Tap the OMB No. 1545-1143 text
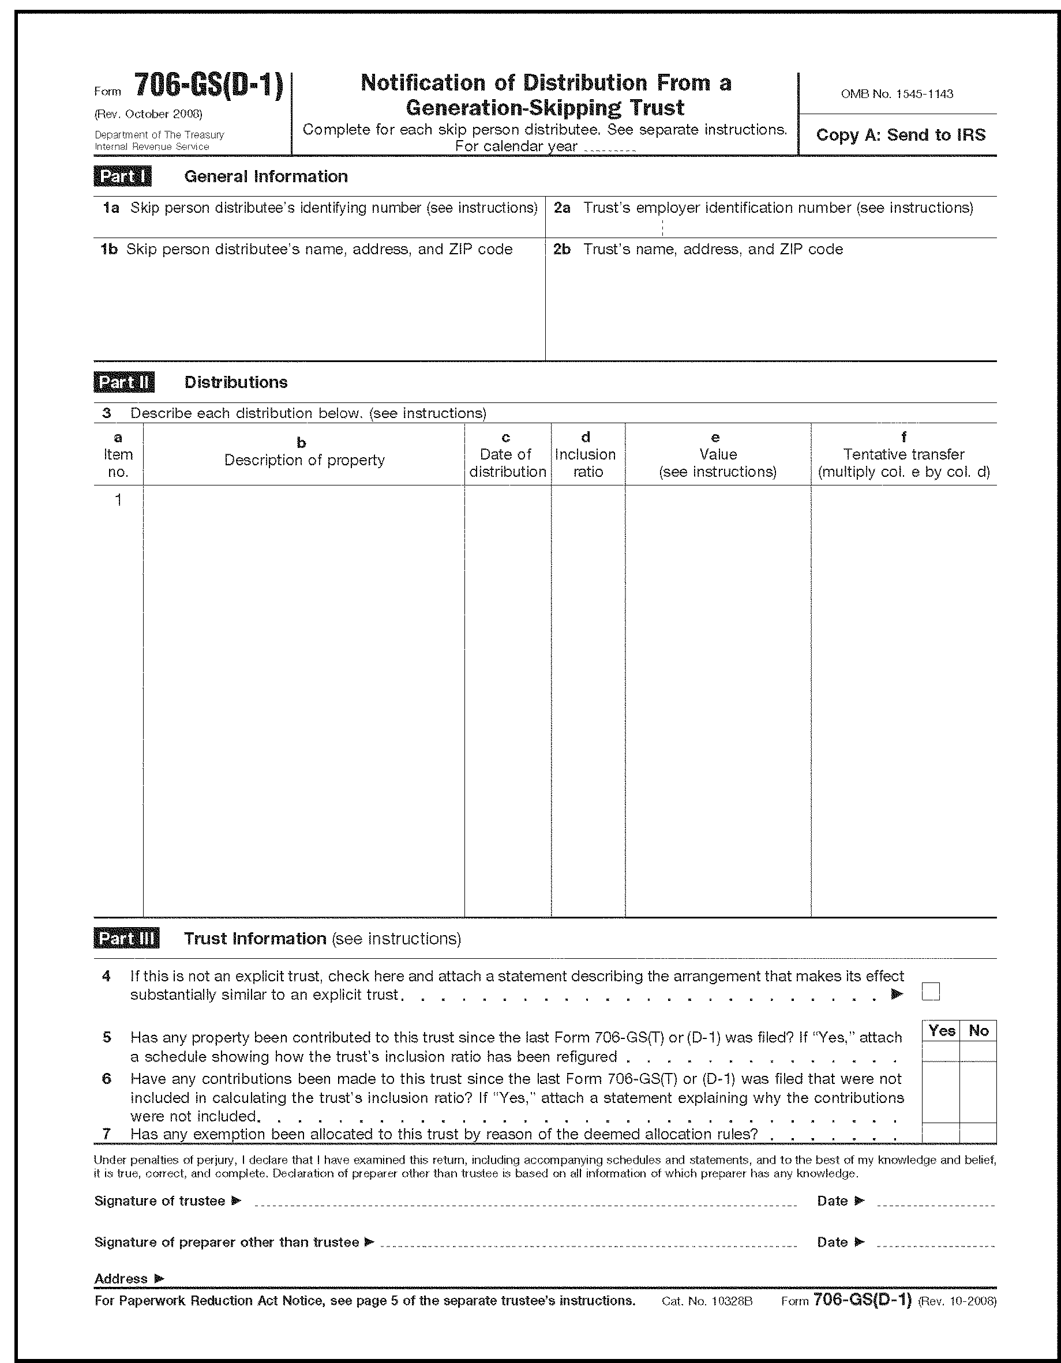[x=897, y=94]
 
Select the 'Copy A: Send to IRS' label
[x=901, y=135]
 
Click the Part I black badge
[x=122, y=176]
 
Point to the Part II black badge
[x=123, y=382]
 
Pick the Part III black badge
[x=126, y=939]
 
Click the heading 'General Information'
[x=265, y=176]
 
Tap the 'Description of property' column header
[x=304, y=460]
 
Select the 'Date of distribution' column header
[x=507, y=463]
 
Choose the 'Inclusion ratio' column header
[x=587, y=463]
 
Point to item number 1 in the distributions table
[x=118, y=500]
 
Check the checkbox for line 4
[x=931, y=992]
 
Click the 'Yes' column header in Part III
[x=941, y=1030]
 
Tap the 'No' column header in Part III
[x=978, y=1030]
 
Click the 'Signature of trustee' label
[x=160, y=1201]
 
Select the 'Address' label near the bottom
[x=121, y=1279]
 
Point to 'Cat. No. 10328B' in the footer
[x=707, y=1301]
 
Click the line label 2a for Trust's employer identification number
[x=562, y=208]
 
